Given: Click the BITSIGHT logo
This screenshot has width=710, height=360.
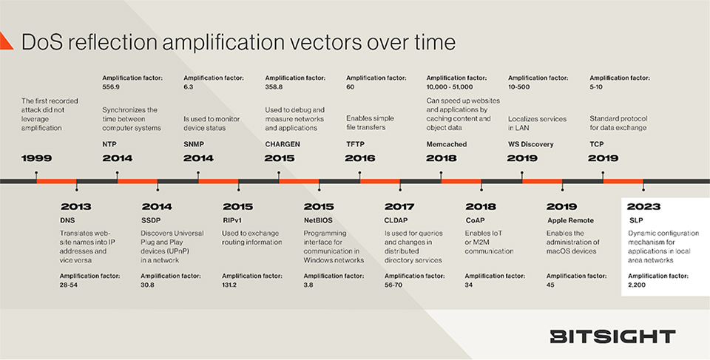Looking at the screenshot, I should point(612,337).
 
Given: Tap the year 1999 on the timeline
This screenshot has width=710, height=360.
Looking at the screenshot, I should point(37,158).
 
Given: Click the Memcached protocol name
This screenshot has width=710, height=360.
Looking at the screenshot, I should point(447,144).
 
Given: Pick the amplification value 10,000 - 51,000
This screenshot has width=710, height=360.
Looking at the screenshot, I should point(458,86).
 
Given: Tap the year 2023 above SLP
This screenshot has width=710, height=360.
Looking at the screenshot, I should point(643,207).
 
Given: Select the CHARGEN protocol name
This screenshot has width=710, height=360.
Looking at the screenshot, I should point(282,144).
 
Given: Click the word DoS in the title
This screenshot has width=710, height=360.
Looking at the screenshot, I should point(45,41).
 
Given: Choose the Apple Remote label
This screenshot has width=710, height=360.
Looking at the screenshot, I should point(572,220).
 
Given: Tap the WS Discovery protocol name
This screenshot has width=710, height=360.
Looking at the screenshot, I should point(531,144).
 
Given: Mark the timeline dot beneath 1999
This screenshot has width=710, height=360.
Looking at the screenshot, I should point(36,174).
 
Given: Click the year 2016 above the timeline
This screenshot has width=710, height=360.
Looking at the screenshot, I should point(361,158).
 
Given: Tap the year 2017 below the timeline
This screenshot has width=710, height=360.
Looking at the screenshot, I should point(400,207).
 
